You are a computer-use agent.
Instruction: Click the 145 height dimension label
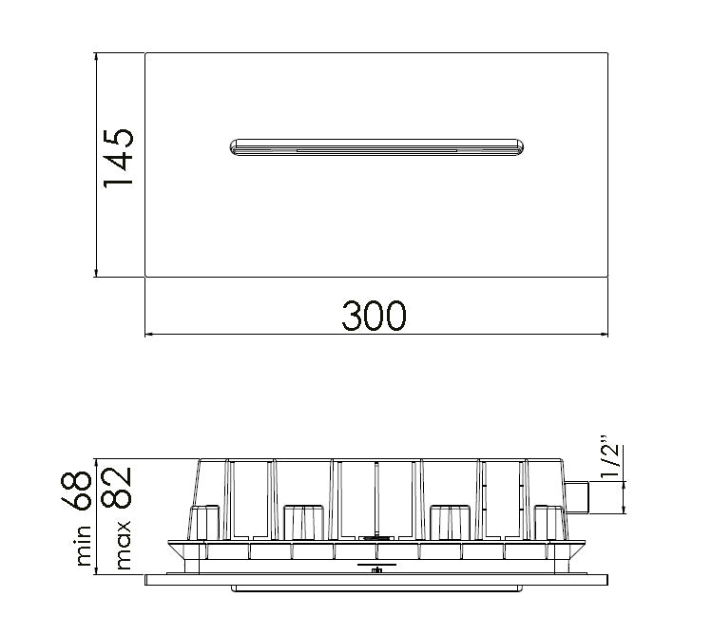[x=118, y=158]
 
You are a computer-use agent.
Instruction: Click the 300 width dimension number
[x=374, y=316]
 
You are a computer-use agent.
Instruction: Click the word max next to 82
[x=122, y=549]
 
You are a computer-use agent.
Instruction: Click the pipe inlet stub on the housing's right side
[x=578, y=495]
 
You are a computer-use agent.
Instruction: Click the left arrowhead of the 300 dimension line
[x=149, y=334]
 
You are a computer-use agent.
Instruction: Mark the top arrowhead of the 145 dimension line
[x=96, y=57]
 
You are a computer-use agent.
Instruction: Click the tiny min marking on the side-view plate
[x=376, y=571]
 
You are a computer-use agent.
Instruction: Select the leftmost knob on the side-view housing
[x=204, y=522]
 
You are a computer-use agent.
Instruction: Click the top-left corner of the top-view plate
[x=145, y=53]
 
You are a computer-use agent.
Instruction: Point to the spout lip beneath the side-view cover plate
[x=376, y=589]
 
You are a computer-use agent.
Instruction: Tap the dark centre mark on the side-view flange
[x=376, y=538]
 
